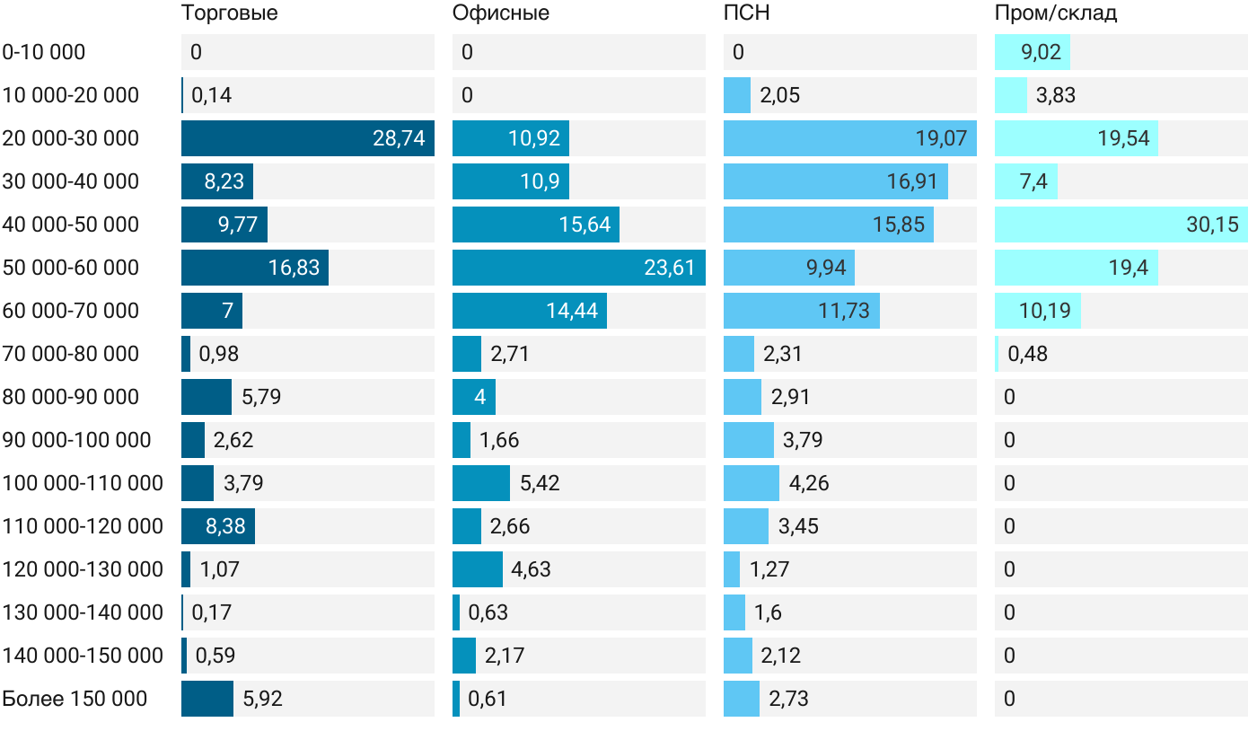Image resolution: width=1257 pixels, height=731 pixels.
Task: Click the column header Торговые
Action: [229, 13]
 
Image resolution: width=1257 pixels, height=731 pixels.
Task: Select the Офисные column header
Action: [501, 13]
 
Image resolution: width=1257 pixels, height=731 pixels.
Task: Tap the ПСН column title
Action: [747, 13]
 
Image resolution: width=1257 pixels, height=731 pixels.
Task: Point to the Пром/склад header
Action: [1056, 13]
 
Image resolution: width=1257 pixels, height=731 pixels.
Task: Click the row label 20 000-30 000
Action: [71, 138]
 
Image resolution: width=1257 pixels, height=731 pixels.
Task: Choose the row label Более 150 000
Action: [75, 699]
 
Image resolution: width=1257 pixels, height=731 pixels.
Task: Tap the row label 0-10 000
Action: [44, 52]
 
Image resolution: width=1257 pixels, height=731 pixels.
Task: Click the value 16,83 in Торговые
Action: [294, 268]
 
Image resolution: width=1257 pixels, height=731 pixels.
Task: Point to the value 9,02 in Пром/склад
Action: [1042, 52]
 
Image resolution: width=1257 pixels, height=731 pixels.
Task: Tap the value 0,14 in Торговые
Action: [212, 95]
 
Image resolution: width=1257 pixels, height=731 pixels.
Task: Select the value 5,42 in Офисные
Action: [540, 483]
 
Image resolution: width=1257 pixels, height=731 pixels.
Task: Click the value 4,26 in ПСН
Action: [809, 483]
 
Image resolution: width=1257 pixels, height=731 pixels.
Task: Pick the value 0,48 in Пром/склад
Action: [1027, 354]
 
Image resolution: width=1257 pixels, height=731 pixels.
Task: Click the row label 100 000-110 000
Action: [83, 483]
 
